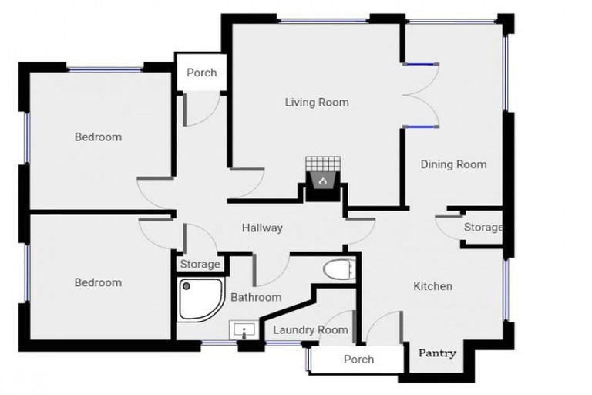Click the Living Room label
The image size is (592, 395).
(x=317, y=102)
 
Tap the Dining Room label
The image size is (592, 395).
(x=453, y=164)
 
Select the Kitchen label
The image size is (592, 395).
(x=433, y=286)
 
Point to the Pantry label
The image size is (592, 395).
(x=437, y=353)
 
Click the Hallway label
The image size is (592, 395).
(x=262, y=228)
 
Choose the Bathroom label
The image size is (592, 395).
(x=256, y=297)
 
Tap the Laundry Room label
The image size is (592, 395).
(x=311, y=330)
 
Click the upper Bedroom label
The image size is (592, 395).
(x=98, y=137)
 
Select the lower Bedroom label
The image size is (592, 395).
(x=98, y=282)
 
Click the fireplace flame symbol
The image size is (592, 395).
(x=324, y=182)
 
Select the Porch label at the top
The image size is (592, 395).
(x=202, y=73)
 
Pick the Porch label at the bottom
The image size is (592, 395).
(x=358, y=359)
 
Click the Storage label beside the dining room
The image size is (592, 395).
(x=483, y=228)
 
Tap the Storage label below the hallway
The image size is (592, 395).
(x=200, y=265)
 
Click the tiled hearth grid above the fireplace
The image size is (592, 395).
(x=322, y=164)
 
